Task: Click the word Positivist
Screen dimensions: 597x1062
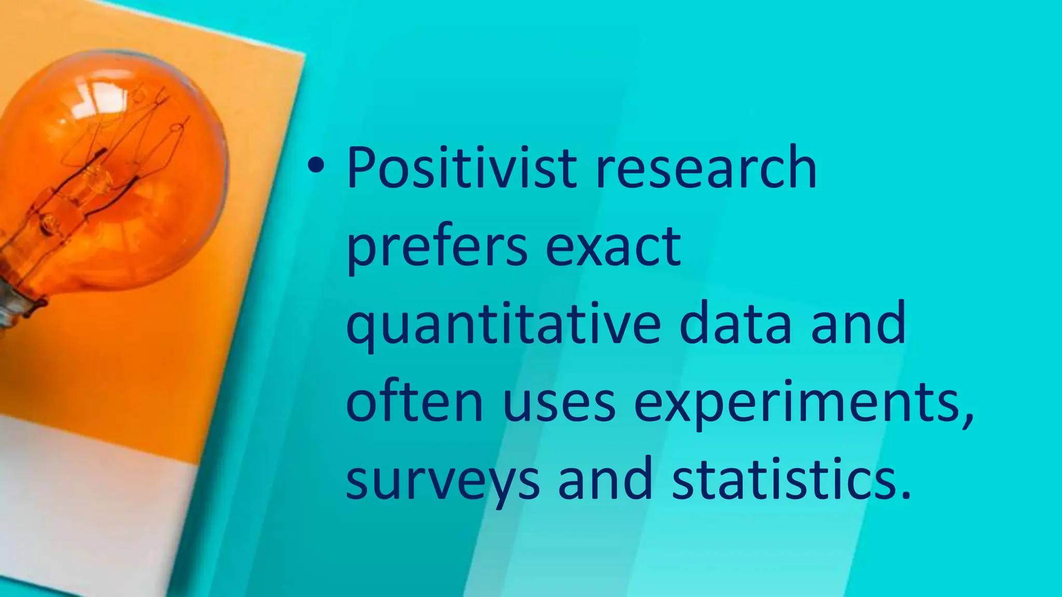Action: point(462,168)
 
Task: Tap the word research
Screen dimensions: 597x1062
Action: point(706,168)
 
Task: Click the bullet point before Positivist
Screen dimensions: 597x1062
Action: point(315,166)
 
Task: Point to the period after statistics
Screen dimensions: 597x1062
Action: point(905,494)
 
